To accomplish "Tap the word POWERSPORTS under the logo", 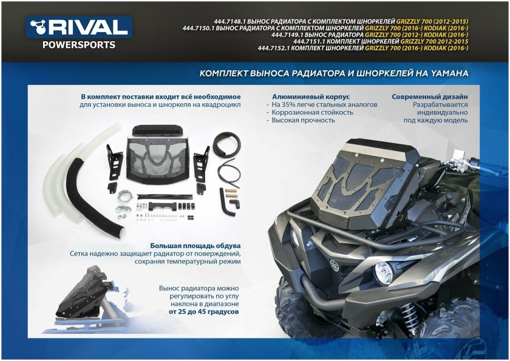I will [x=78, y=44].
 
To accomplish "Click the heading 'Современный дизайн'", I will [x=430, y=96].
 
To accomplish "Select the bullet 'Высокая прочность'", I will [x=303, y=120].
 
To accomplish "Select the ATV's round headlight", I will [x=383, y=274].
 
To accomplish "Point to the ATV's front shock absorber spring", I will [x=408, y=312].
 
